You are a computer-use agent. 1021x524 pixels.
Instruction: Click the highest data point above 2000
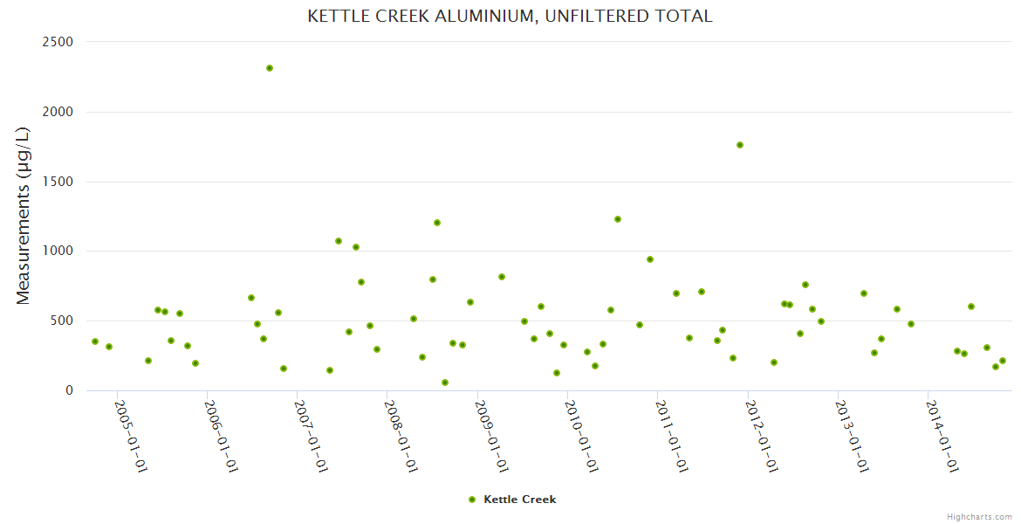[x=270, y=68]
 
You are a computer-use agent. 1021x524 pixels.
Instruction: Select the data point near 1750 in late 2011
[x=740, y=145]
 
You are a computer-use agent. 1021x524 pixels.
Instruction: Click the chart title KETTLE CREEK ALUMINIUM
[x=510, y=17]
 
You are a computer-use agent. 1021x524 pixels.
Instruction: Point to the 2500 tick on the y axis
[x=58, y=42]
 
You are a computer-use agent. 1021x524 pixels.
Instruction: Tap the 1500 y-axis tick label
[x=58, y=182]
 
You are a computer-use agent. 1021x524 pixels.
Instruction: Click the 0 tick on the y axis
[x=68, y=390]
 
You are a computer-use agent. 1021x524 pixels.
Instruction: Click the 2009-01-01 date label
[x=491, y=437]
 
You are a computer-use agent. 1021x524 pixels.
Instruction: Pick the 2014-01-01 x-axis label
[x=942, y=437]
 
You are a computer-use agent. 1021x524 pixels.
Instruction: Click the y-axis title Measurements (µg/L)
[x=24, y=216]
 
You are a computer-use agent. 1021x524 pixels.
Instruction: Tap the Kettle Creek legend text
[x=519, y=500]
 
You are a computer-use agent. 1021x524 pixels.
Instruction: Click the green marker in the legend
[x=472, y=500]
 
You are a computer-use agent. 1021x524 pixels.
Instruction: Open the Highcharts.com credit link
[x=979, y=516]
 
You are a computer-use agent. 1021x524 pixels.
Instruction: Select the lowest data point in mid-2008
[x=445, y=383]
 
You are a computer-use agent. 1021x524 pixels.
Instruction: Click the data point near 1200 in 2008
[x=437, y=223]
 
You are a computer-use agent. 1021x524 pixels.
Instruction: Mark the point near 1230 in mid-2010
[x=618, y=219]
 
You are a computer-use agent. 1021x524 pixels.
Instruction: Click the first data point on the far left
[x=95, y=341]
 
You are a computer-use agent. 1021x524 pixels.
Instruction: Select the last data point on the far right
[x=1003, y=361]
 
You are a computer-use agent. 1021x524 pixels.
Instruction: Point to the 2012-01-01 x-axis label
[x=762, y=437]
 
